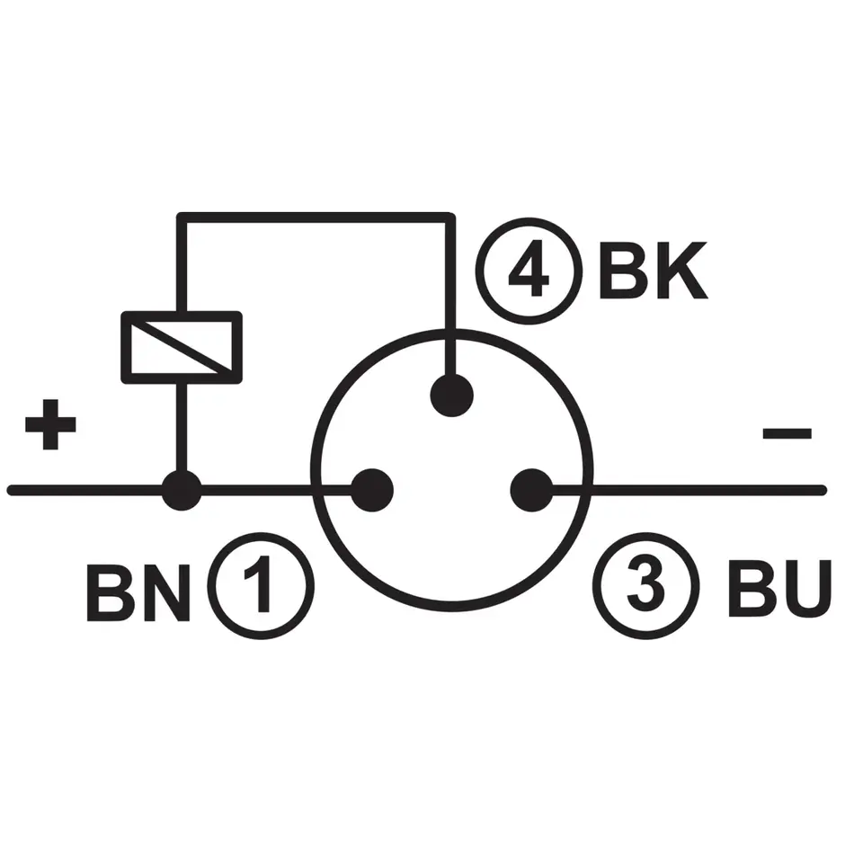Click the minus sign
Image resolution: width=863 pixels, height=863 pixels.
tap(787, 434)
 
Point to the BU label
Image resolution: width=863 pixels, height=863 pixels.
tap(778, 590)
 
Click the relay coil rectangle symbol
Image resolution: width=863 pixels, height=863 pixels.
tap(182, 347)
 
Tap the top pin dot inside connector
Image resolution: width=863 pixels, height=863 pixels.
tap(452, 396)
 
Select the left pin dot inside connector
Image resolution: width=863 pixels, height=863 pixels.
tap(371, 491)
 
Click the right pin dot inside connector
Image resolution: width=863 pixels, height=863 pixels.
tap(531, 491)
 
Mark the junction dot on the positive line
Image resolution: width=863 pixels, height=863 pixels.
tap(182, 491)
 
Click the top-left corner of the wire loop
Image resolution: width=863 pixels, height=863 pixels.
tap(181, 217)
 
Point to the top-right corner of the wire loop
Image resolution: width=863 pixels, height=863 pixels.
tap(450, 217)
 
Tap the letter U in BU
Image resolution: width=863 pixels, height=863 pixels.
tap(803, 590)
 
